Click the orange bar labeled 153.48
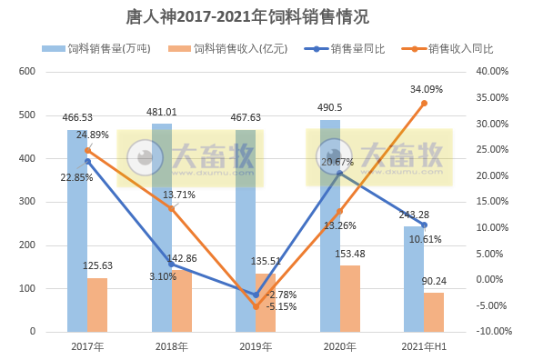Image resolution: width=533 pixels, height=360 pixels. (348, 298)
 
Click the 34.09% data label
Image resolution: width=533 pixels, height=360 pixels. (427, 89)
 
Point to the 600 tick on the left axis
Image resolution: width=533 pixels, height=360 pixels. (27, 72)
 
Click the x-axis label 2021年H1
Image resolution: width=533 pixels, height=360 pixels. (423, 346)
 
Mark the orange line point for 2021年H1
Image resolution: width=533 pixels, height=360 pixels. (424, 103)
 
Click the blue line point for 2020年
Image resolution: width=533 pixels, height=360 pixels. (339, 173)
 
